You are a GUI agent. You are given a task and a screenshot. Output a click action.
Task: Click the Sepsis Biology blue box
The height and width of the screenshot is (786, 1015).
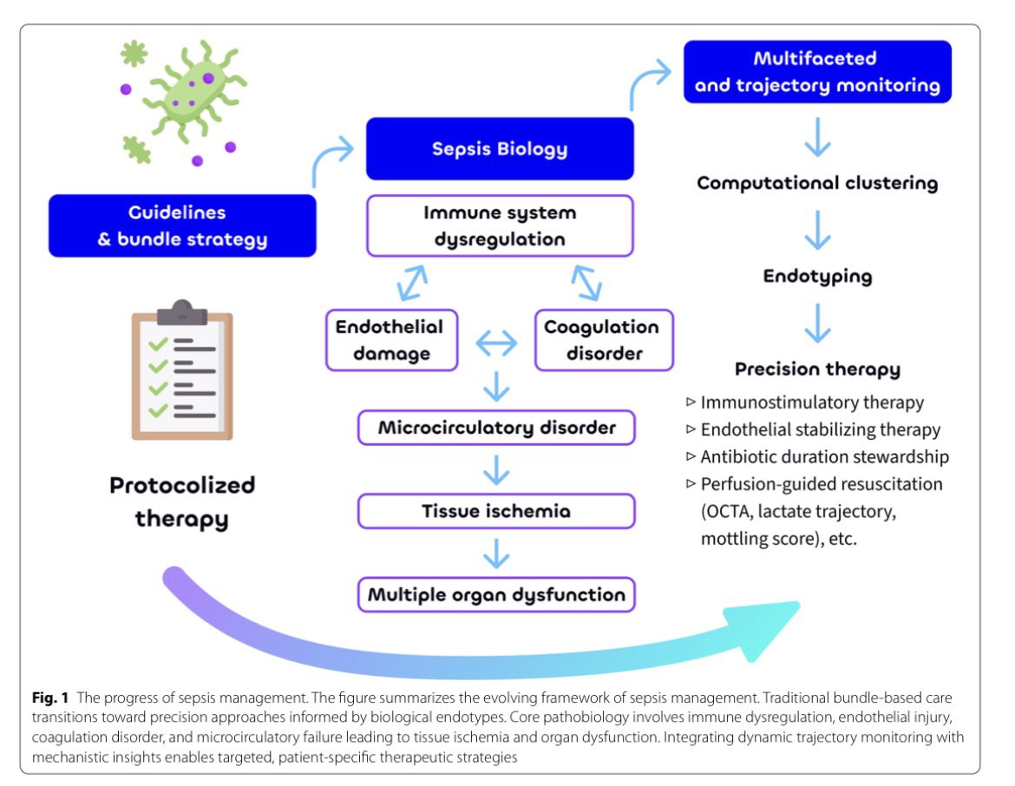pos(500,148)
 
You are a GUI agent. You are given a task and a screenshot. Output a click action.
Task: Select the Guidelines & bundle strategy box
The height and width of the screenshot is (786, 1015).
pos(182,226)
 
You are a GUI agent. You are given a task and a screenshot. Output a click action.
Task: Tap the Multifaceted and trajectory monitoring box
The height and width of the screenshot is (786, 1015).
pos(817,72)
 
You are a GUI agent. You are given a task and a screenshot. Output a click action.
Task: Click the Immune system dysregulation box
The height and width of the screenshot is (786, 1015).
pos(500,226)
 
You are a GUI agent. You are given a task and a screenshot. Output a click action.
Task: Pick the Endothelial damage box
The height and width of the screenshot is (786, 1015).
pos(390,339)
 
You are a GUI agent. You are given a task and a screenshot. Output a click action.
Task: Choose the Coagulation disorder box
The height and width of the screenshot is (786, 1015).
pos(602,339)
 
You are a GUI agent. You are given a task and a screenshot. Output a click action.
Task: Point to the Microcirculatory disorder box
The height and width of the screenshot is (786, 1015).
pos(497,428)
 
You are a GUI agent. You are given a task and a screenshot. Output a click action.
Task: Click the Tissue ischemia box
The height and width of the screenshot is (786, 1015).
pos(497,511)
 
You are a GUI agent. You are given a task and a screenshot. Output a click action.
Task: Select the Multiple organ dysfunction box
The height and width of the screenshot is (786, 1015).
pos(497,595)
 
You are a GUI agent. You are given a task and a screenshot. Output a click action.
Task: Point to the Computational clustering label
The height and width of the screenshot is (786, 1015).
pos(817,183)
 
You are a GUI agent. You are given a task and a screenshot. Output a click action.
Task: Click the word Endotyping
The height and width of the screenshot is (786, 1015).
pos(817,277)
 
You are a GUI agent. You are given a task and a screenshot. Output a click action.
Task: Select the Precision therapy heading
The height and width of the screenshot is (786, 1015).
pos(817,370)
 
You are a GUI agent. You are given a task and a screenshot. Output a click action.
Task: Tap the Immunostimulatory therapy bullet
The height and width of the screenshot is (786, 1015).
pos(811,403)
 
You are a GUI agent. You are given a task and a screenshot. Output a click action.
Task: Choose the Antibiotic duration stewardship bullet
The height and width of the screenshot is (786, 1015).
pos(822,456)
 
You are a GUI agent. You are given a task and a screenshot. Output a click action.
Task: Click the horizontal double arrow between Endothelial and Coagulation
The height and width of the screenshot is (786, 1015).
pos(496,344)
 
